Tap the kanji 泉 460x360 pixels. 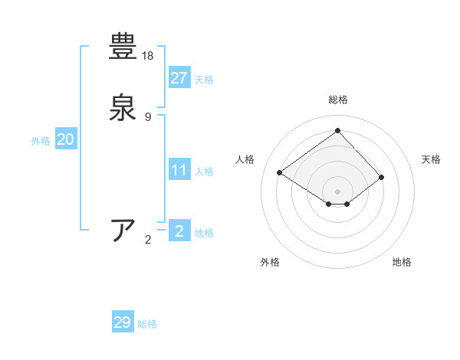point(123,106)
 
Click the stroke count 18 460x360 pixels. point(149,56)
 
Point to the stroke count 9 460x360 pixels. point(148,116)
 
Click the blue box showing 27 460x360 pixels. point(179,77)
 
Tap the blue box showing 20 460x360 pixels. point(66,139)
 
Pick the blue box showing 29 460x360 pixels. point(123,322)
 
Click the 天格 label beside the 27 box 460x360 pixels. point(204,80)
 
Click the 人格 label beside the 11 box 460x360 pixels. point(204,172)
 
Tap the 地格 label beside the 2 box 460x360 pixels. point(204,233)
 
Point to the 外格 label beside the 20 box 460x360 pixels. point(41,141)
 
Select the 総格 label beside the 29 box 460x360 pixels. point(147,325)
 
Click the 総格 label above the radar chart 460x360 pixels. point(337,100)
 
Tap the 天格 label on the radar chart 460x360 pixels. point(432,159)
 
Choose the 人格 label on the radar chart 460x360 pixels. point(245,159)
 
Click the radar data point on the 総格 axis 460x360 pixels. point(337,130)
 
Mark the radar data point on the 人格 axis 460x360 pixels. point(280,172)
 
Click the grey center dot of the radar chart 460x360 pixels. point(337,191)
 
